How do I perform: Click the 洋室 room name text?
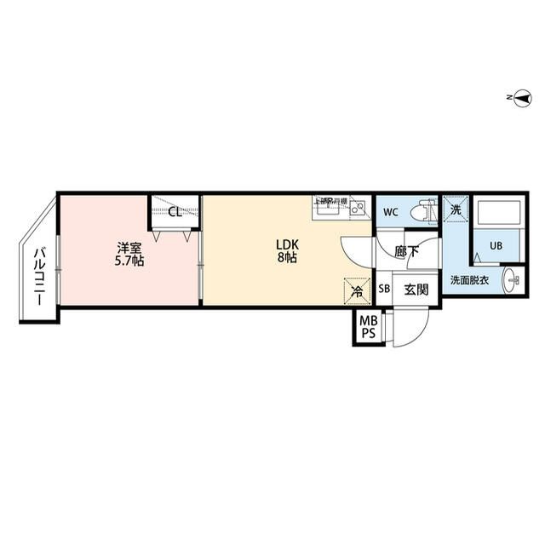pyautogui.click(x=129, y=248)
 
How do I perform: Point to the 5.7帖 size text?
pyautogui.click(x=129, y=261)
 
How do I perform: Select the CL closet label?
pyautogui.click(x=175, y=212)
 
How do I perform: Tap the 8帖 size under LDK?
pyautogui.click(x=286, y=258)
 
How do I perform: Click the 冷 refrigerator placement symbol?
pyautogui.click(x=357, y=291)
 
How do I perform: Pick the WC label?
pyautogui.click(x=391, y=212)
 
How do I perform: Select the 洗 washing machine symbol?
pyautogui.click(x=455, y=208)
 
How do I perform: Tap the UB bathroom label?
pyautogui.click(x=496, y=246)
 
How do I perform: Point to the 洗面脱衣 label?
pyautogui.click(x=469, y=280)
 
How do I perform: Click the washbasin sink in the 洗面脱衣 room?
pyautogui.click(x=511, y=278)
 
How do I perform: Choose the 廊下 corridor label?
pyautogui.click(x=406, y=252)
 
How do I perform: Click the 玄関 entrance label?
pyautogui.click(x=416, y=290)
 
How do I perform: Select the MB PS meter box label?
pyautogui.click(x=368, y=328)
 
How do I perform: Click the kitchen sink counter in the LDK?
pyautogui.click(x=341, y=209)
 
